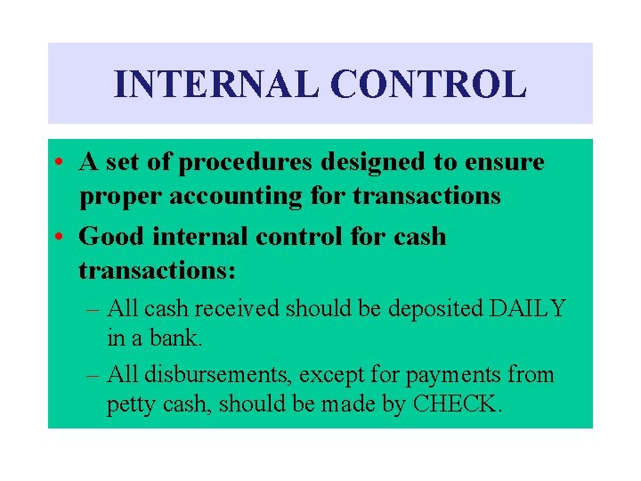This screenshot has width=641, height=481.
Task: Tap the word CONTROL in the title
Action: (428, 85)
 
